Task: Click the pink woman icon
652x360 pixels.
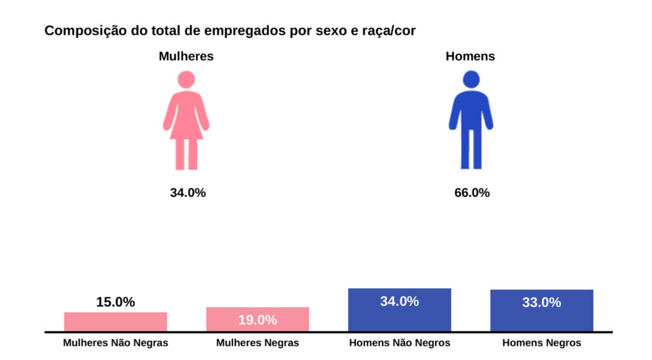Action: pyautogui.click(x=186, y=121)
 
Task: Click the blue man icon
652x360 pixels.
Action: pyautogui.click(x=471, y=121)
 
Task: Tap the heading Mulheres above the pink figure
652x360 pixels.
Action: pyautogui.click(x=186, y=56)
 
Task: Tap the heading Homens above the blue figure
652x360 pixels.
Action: pyautogui.click(x=470, y=56)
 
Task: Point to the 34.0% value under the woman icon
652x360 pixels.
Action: pyautogui.click(x=188, y=192)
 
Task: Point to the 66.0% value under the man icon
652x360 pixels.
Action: pyautogui.click(x=472, y=192)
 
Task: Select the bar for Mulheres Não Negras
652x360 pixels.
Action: pyautogui.click(x=115, y=322)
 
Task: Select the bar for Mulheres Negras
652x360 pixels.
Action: pyautogui.click(x=257, y=319)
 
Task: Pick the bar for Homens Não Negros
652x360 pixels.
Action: pyautogui.click(x=399, y=310)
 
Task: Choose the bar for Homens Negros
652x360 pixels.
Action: pyautogui.click(x=541, y=310)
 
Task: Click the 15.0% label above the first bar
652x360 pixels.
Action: pyautogui.click(x=115, y=302)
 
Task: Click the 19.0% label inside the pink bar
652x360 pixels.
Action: pyautogui.click(x=257, y=320)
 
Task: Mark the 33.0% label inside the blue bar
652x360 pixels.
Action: pyautogui.click(x=541, y=303)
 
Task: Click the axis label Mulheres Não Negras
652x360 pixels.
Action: pyautogui.click(x=115, y=343)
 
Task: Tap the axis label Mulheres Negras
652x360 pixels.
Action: pyautogui.click(x=257, y=343)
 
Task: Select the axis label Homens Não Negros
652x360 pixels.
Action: pyautogui.click(x=399, y=343)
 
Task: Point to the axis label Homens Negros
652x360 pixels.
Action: pyautogui.click(x=541, y=343)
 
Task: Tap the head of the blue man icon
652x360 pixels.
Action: pyautogui.click(x=471, y=80)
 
